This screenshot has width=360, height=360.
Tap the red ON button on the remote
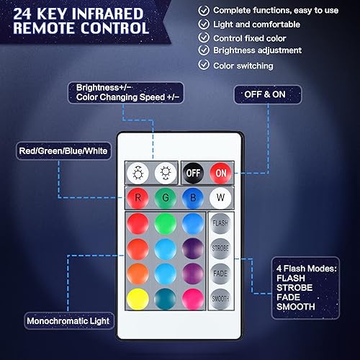(x=220, y=173)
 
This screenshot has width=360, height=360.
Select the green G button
(x=165, y=197)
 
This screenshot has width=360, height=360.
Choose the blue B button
(x=192, y=197)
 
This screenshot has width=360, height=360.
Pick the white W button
(x=220, y=197)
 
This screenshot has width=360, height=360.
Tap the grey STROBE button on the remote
(x=220, y=248)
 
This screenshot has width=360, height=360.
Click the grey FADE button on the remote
(x=220, y=274)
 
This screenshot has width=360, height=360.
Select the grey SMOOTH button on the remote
(x=220, y=297)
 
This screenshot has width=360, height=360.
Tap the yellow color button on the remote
(x=138, y=297)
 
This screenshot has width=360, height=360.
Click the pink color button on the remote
(x=192, y=297)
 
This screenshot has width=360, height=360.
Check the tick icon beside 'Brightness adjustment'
(x=204, y=50)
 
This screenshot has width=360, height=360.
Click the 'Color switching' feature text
(x=243, y=66)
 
